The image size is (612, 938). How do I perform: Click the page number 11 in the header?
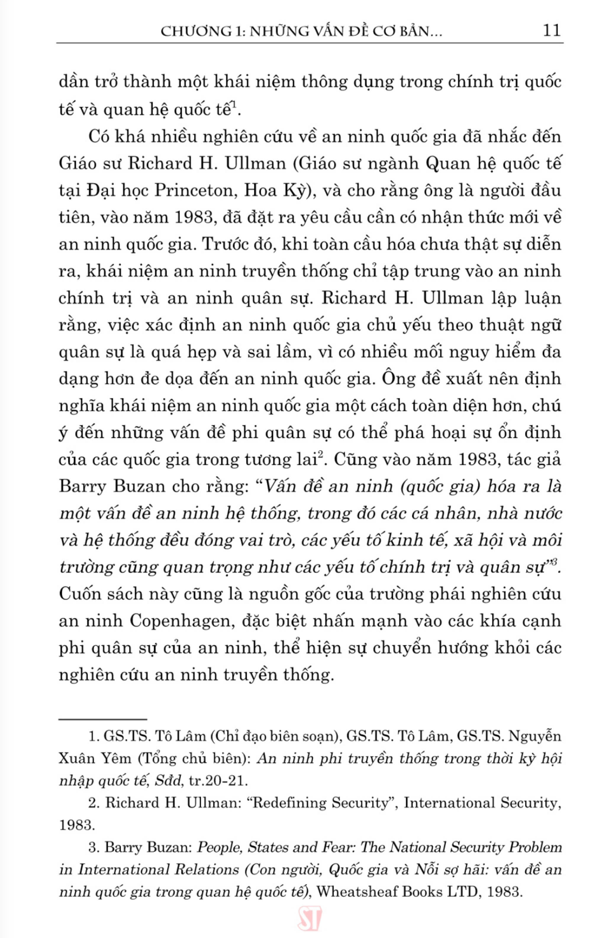click(551, 30)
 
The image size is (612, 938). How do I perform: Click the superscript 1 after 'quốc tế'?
click(234, 104)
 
